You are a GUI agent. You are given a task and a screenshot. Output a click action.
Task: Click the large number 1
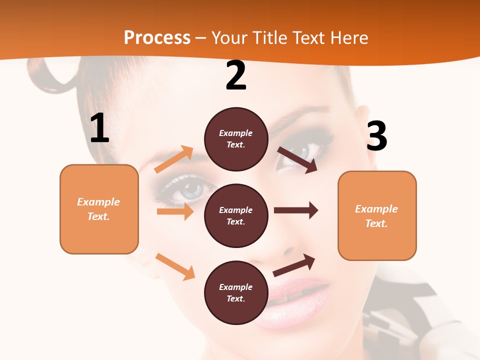pos(99,128)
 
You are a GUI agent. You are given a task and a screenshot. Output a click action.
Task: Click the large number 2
pos(236,76)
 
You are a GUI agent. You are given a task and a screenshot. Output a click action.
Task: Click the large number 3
pos(376,136)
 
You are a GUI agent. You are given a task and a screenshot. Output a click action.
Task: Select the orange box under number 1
pos(99,209)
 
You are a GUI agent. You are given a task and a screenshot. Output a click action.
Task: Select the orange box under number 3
pos(377,216)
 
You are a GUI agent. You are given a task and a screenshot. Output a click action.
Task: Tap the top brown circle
pos(236,139)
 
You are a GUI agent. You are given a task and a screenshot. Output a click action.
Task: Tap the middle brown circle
pos(236,215)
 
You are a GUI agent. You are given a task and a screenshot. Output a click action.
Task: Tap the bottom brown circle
pos(236,292)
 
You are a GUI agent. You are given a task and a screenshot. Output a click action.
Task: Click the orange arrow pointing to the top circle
pos(174,159)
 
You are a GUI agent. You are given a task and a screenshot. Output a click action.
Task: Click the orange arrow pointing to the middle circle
pos(175,211)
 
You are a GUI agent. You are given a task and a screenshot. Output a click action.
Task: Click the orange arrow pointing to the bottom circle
pos(175,266)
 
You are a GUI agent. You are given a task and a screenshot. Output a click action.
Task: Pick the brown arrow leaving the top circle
pos(297,160)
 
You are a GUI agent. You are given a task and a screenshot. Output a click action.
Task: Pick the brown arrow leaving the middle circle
pos(296,210)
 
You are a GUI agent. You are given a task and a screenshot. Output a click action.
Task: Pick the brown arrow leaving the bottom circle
pos(294,264)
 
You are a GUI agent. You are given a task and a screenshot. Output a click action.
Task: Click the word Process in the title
pos(157,37)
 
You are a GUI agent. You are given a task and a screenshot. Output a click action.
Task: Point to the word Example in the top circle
pos(236,133)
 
